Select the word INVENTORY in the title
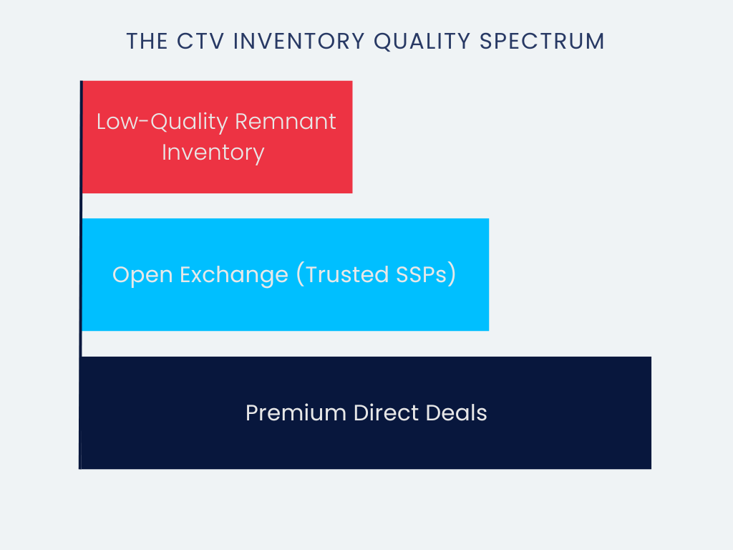[x=298, y=41]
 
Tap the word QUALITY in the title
[x=422, y=41]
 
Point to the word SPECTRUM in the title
[x=543, y=41]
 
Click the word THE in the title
[x=147, y=41]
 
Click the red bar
[x=217, y=137]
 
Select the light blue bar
[x=285, y=274]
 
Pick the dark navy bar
[x=366, y=413]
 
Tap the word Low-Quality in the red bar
[x=162, y=122]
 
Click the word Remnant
[x=285, y=122]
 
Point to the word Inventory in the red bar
[x=213, y=153]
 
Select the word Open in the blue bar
[x=142, y=275]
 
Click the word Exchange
[x=234, y=275]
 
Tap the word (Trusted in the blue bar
[x=342, y=274]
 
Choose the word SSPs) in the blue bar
[x=426, y=274]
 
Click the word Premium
[x=296, y=413]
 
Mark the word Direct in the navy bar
[x=386, y=413]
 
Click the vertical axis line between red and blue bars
[x=82, y=206]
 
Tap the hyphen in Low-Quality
[x=143, y=122]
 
